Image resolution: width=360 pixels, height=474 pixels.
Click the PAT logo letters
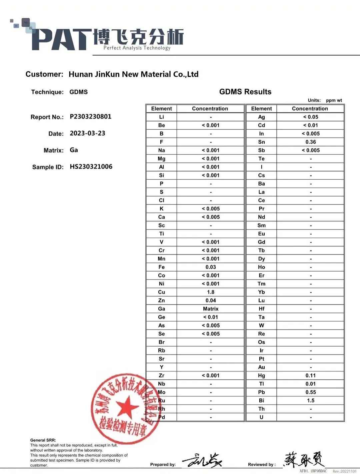(62, 40)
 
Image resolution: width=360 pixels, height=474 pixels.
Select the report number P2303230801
(90, 117)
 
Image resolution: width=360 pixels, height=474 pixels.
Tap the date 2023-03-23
(87, 133)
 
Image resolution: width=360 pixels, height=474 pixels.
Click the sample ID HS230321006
(91, 167)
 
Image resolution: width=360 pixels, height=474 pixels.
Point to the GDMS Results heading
(245, 92)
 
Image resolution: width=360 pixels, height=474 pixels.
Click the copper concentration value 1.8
(211, 292)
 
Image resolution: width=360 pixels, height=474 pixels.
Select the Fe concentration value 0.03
(211, 267)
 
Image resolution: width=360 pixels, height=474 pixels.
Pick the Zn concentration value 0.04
(211, 300)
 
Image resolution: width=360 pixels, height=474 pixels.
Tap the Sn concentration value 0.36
(311, 142)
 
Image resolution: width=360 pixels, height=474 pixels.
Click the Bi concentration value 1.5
(311, 400)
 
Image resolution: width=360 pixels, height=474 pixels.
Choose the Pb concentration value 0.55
(311, 392)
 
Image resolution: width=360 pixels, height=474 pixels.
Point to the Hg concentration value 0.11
(311, 375)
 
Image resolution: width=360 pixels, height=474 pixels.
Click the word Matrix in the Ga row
(211, 309)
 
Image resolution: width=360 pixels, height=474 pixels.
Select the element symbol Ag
(261, 117)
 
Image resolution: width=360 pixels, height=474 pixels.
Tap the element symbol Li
(162, 117)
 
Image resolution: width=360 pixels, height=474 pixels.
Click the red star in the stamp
(127, 407)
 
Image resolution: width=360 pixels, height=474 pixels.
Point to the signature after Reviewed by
(303, 460)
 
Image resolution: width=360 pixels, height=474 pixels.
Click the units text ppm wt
(334, 100)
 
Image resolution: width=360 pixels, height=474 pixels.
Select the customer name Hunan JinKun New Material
(133, 74)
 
